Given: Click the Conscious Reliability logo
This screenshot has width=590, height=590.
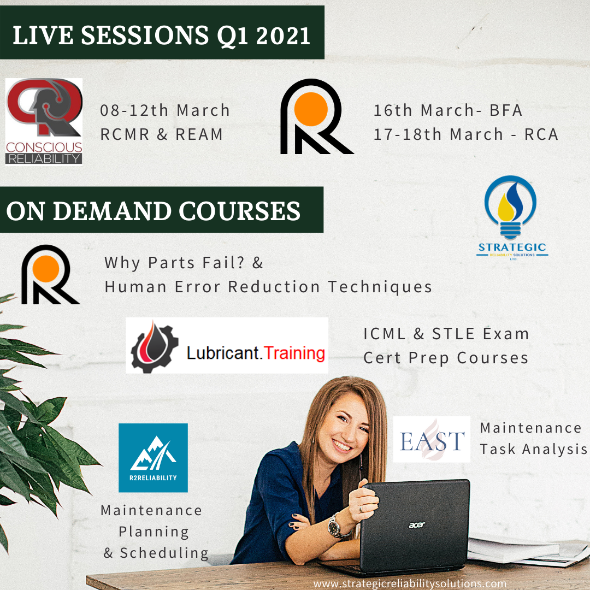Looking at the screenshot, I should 44,121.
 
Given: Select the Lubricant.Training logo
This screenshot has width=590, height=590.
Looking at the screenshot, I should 227,345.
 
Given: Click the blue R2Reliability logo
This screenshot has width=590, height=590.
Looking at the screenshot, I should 153,458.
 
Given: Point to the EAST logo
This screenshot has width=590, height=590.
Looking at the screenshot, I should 432,440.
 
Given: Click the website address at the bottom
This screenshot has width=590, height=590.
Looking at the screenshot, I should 410,583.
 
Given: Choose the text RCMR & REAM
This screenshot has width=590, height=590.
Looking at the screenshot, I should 162,134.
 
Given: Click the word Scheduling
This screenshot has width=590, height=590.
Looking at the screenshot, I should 164,553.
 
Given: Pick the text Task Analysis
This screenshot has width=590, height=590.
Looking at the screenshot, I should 533,449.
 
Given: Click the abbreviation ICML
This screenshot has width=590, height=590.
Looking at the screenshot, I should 385,334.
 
